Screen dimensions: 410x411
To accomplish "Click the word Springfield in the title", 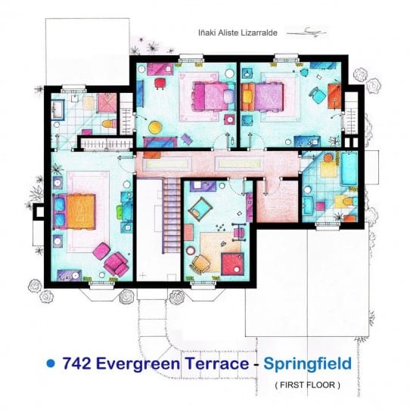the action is coord(307,364).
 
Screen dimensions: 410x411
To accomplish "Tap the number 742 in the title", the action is coord(76,363).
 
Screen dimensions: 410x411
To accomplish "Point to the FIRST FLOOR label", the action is coord(308,385).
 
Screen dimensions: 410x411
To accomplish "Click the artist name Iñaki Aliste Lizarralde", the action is coord(238,32).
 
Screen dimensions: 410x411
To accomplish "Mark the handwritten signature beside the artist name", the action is coord(307,32).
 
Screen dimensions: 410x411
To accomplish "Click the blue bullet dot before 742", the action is coord(51,363).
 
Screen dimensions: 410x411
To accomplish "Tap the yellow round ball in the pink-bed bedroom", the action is coord(155,127).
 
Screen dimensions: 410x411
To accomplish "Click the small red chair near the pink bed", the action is coord(160,84).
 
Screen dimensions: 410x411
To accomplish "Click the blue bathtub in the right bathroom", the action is coord(349,168).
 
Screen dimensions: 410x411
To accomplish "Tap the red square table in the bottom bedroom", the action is coord(233,264).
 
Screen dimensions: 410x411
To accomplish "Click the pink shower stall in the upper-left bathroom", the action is coord(107,104).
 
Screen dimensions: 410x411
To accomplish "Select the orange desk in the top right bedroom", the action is coord(334,96).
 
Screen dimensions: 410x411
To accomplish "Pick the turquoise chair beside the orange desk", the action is coord(317,96).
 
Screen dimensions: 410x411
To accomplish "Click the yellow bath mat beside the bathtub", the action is coord(328,169).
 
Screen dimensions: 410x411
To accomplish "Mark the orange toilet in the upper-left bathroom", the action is coord(109,124).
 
